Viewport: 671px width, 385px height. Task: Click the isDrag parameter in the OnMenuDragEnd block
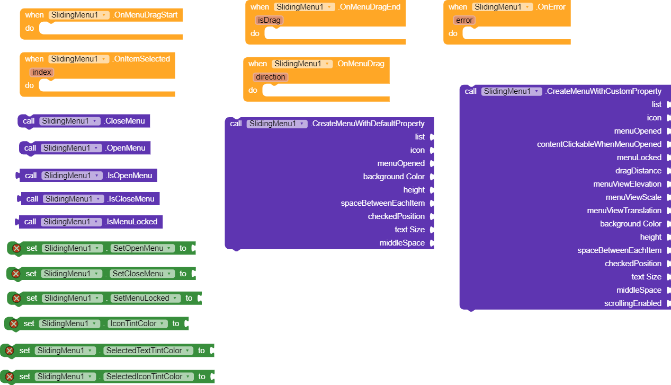coord(269,20)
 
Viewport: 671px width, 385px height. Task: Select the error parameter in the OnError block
coord(464,20)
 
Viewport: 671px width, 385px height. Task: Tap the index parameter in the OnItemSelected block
coord(42,72)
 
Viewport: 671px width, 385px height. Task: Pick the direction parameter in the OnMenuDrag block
coord(270,77)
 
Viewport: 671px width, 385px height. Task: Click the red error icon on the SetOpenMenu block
coord(16,248)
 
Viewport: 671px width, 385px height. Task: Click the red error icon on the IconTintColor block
coord(14,323)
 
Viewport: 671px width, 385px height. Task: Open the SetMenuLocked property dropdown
coord(146,298)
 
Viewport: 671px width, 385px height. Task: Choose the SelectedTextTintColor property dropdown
coord(148,351)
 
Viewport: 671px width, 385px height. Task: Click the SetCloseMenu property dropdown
coord(142,274)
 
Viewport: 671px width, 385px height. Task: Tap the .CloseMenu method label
coord(124,121)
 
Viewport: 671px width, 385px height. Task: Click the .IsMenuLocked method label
coord(131,222)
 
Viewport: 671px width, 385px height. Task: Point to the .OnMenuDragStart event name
coord(145,15)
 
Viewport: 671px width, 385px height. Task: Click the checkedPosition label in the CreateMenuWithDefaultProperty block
coord(396,216)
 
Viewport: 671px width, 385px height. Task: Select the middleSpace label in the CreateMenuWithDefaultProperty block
coord(402,242)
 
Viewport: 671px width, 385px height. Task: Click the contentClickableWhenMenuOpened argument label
coord(599,144)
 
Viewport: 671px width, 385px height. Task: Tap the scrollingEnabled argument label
coord(633,303)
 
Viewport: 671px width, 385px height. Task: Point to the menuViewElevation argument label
coord(627,184)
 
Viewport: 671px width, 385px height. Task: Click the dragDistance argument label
coord(638,171)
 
